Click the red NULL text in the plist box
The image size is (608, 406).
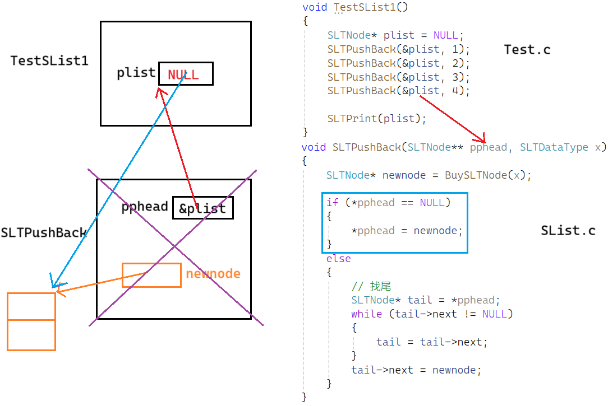click(x=183, y=74)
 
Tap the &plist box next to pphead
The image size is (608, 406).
click(x=202, y=208)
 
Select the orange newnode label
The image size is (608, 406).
click(x=213, y=274)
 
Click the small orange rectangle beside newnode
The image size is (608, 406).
click(x=151, y=275)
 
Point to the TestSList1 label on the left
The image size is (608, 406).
click(x=49, y=60)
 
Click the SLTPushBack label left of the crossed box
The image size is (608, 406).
click(x=44, y=232)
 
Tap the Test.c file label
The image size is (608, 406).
click(x=527, y=49)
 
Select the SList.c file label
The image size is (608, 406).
click(x=568, y=230)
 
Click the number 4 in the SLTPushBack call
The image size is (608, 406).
click(x=455, y=91)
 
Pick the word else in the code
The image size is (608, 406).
click(x=338, y=259)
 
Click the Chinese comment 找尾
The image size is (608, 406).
click(x=380, y=286)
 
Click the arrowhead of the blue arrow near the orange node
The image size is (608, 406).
click(x=53, y=284)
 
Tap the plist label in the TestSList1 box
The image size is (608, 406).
click(x=136, y=73)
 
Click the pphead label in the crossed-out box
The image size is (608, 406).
click(x=145, y=207)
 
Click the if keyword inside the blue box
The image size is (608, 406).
click(x=332, y=203)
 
